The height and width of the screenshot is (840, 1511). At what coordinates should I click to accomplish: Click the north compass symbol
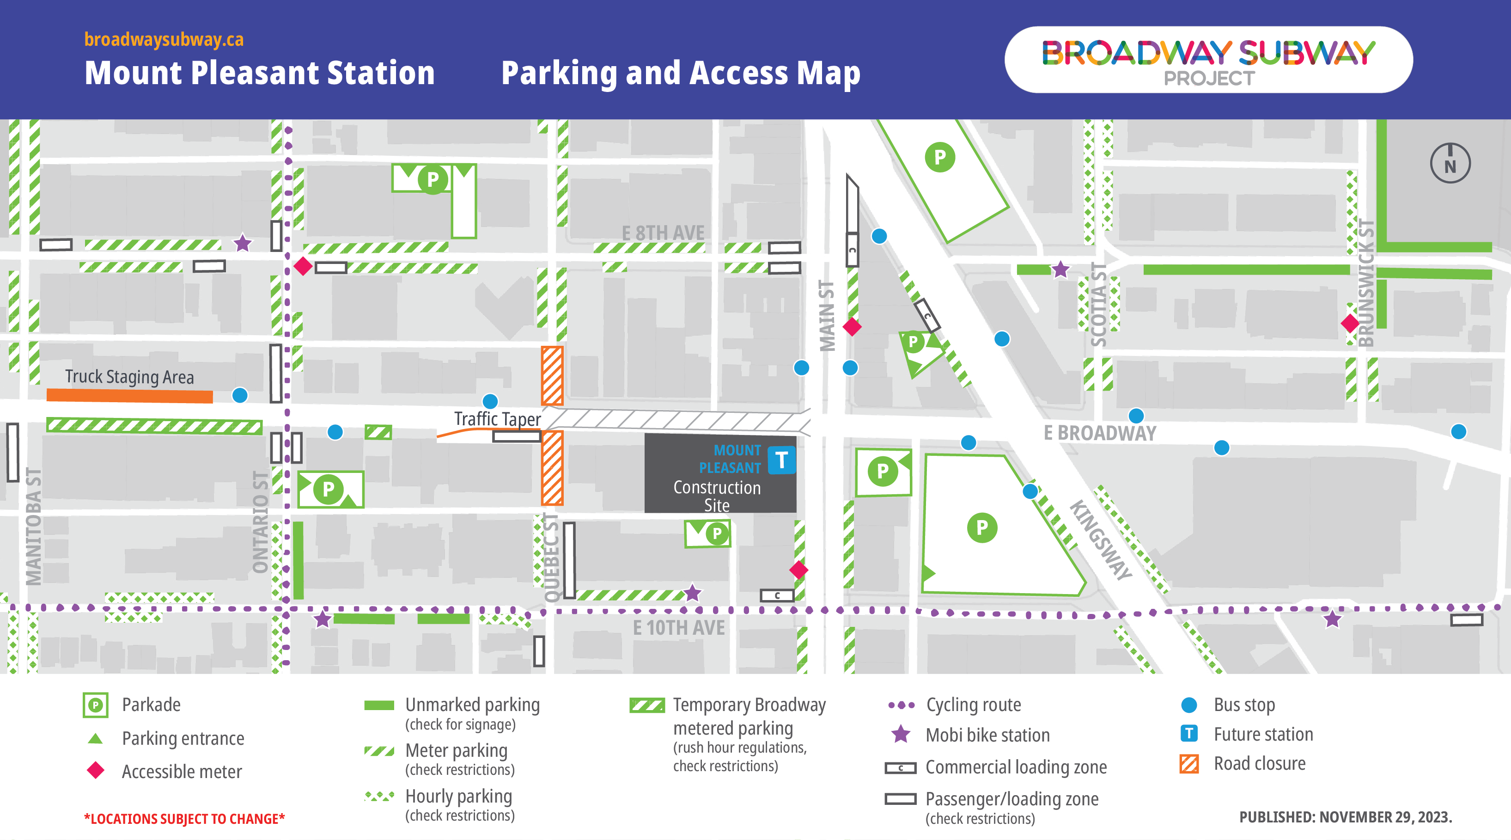(x=1450, y=163)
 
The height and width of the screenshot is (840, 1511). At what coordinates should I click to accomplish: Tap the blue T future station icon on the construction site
(x=781, y=460)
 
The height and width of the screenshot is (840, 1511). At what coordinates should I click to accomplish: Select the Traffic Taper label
(x=497, y=419)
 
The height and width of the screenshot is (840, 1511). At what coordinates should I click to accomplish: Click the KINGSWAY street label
(x=1100, y=540)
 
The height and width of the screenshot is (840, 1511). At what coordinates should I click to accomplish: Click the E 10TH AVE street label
(x=679, y=627)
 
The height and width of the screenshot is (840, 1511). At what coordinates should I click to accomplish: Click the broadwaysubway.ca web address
(x=164, y=39)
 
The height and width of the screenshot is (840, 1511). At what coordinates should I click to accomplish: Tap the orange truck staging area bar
(x=130, y=396)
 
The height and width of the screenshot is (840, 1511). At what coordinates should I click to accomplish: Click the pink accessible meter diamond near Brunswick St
(x=1350, y=323)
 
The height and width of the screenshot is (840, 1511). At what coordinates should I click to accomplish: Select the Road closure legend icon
(x=1189, y=764)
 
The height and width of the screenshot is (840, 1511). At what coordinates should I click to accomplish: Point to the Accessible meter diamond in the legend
(x=96, y=771)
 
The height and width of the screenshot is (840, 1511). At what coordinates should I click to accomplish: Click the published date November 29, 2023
(x=1345, y=817)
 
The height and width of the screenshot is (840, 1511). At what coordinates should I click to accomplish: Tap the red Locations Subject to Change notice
(x=184, y=819)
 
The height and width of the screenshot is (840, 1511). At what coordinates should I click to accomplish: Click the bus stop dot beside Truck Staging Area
(x=240, y=395)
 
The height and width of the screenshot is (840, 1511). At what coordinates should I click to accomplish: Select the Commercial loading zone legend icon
(x=901, y=768)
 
